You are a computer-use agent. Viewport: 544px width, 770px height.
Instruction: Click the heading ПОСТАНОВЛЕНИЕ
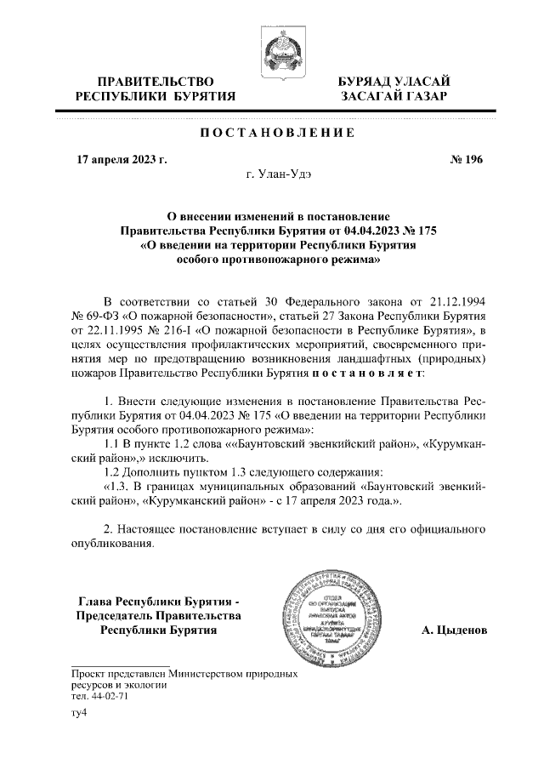click(x=271, y=133)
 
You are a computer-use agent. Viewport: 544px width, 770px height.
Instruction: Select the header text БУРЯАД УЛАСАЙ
click(x=394, y=81)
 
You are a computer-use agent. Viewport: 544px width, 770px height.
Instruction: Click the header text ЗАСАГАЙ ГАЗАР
click(x=394, y=96)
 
